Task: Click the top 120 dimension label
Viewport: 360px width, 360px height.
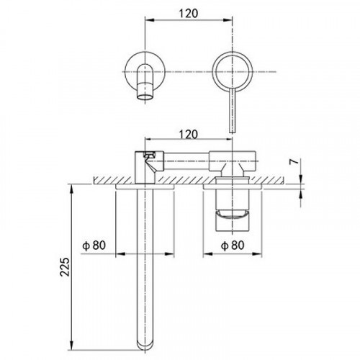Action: (189, 14)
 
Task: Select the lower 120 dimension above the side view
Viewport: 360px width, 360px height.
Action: (189, 135)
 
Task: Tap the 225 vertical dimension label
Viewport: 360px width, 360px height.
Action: (65, 267)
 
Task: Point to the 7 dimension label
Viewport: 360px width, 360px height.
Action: (294, 162)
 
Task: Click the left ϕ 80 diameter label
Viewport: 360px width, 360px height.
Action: (94, 246)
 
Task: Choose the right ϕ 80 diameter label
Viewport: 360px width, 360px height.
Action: (233, 246)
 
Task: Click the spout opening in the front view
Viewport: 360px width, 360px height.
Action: (145, 96)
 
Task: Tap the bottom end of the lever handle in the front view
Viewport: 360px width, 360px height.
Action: (233, 132)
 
